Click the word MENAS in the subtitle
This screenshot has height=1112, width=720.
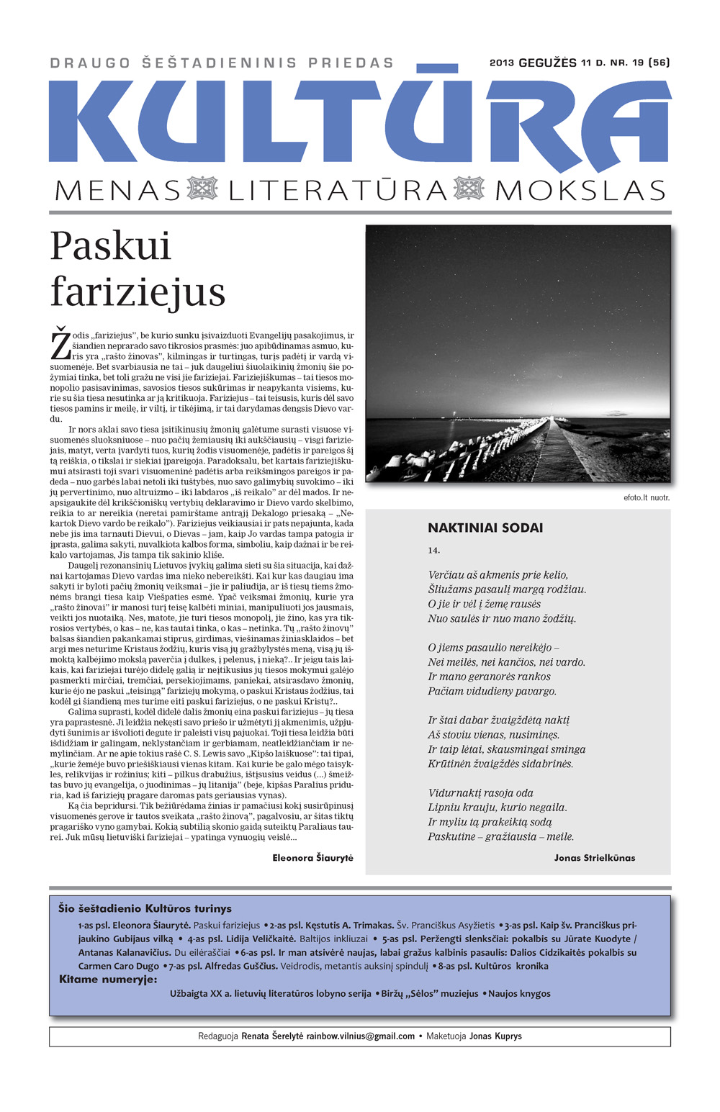tap(117, 191)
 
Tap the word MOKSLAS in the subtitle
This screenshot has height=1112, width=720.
tap(580, 191)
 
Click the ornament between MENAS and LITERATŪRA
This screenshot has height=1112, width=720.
tap(202, 189)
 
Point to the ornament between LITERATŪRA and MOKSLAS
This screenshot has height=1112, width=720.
tap(469, 189)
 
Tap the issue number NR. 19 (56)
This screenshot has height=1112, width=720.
tap(639, 63)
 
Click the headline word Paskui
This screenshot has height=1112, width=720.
tap(111, 247)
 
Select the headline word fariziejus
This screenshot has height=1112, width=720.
tap(138, 293)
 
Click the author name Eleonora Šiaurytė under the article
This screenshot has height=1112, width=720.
tap(312, 858)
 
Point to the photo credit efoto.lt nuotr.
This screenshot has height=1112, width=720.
tap(647, 497)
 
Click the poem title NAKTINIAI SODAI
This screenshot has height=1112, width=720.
tap(485, 528)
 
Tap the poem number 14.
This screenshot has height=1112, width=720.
tap(433, 551)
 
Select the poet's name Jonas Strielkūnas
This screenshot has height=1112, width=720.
tap(595, 858)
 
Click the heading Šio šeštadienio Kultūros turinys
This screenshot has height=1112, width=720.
tap(145, 909)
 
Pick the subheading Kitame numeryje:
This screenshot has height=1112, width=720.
tap(108, 979)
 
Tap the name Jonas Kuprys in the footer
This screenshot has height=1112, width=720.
tap(495, 1036)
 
